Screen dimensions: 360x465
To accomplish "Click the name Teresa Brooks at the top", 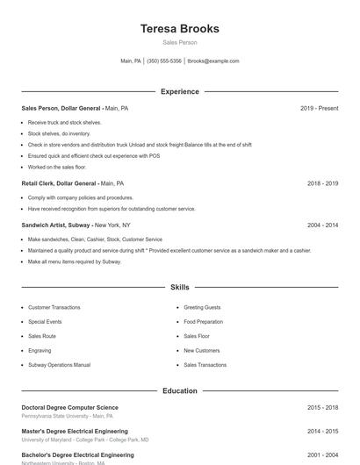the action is click(180, 28).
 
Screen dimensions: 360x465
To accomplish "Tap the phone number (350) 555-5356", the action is click(164, 61).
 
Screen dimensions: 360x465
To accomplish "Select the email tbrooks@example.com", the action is click(213, 61).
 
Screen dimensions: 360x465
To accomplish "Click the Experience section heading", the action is click(180, 91).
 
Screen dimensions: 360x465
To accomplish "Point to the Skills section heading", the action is click(180, 287).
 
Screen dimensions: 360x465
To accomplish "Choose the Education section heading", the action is click(180, 390).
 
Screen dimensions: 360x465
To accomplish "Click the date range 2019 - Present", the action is click(319, 108).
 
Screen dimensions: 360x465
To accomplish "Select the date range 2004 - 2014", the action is click(322, 225).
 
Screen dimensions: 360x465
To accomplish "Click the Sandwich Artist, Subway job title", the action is click(57, 225).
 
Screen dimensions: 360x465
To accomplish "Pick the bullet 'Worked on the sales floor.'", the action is click(57, 167).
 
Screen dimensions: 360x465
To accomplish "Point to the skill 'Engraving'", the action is click(40, 350).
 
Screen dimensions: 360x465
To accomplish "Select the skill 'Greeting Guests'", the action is click(202, 308).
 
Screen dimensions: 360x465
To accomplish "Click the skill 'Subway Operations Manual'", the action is click(59, 365).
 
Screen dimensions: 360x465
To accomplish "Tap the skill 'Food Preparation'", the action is click(204, 322).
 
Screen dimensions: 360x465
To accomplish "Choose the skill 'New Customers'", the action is click(201, 350).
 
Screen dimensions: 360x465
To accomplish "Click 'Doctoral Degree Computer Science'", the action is click(69, 407).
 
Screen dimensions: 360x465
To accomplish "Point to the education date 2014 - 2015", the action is click(322, 432).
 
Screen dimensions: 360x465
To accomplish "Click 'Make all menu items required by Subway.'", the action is click(74, 261).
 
